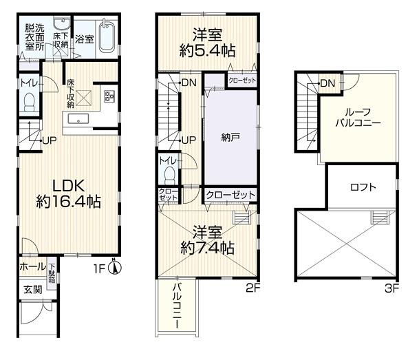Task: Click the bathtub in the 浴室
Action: [107, 36]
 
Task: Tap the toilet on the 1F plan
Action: [29, 103]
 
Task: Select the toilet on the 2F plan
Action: [170, 175]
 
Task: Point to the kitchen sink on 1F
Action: [78, 119]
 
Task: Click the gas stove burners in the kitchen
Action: [109, 96]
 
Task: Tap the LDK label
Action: [69, 186]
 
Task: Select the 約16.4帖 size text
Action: [68, 202]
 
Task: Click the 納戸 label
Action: [230, 138]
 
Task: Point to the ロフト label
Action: [363, 187]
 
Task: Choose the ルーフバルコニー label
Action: [358, 118]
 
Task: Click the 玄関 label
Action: [33, 290]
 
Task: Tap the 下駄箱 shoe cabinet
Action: [52, 273]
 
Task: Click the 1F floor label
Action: [99, 268]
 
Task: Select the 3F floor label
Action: [391, 288]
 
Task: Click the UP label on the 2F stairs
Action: [189, 140]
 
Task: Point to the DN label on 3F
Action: [328, 83]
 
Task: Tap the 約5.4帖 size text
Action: [207, 50]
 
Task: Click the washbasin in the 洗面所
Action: [63, 23]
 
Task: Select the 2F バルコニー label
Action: [177, 306]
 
